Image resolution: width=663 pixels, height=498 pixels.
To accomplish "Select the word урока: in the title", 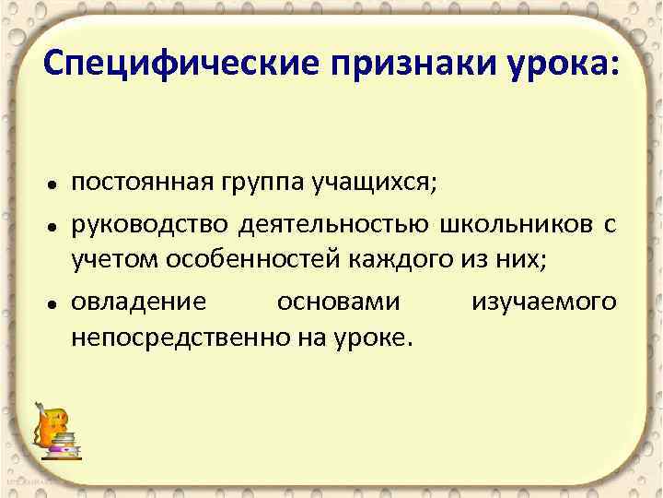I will click(564, 64).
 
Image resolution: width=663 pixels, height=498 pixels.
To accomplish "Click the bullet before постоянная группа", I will click(55, 185).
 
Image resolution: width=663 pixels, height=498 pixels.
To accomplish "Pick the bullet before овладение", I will click(55, 303).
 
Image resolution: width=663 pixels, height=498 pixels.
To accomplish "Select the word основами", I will click(339, 301).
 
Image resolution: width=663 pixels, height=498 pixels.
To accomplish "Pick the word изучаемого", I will click(543, 301).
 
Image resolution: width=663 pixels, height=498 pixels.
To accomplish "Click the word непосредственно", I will click(170, 338).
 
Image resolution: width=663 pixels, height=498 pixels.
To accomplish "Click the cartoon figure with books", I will click(56, 429).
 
